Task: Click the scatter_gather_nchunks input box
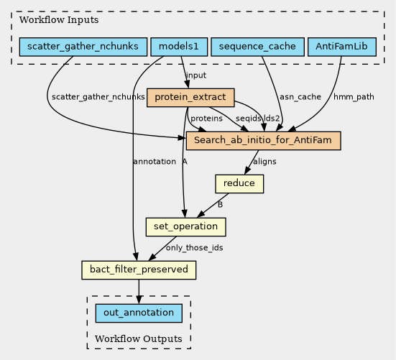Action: pos(83,47)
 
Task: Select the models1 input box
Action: pos(179,47)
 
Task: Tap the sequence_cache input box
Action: pos(257,47)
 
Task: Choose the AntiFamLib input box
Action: pos(342,47)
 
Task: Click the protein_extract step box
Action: pos(190,98)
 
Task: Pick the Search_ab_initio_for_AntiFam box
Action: pos(264,141)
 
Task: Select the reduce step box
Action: pos(239,184)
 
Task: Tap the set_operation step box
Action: pos(186,227)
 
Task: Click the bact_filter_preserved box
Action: pos(139,270)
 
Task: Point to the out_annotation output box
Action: pos(139,313)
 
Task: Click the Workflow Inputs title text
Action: pos(59,19)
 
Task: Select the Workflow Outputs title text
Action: pos(139,338)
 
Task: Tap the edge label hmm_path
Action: pos(354,97)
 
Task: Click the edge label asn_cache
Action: pos(300,97)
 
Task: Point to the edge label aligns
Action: pos(264,162)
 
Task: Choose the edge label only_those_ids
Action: pos(195,248)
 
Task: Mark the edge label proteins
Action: pos(206,119)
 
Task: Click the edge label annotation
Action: pos(155,162)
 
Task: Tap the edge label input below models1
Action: pos(196,75)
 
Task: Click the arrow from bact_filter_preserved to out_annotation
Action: pos(139,292)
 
